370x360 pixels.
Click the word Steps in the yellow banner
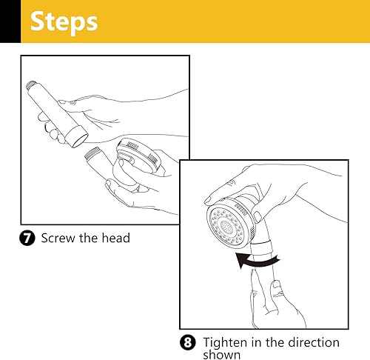(x=64, y=22)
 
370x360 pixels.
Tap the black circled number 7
(x=27, y=238)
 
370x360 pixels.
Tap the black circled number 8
(x=188, y=342)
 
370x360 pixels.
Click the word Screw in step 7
(x=58, y=238)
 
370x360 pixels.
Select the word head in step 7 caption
(x=115, y=238)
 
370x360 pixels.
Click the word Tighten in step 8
(x=225, y=342)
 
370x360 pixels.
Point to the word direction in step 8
(x=314, y=342)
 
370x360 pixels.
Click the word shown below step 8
(x=222, y=355)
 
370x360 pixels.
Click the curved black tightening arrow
(x=257, y=261)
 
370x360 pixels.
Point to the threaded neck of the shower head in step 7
(x=92, y=153)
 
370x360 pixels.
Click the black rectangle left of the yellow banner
(x=10, y=21)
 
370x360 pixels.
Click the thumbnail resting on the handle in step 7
(x=62, y=101)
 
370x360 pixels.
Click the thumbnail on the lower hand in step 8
(x=276, y=284)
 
